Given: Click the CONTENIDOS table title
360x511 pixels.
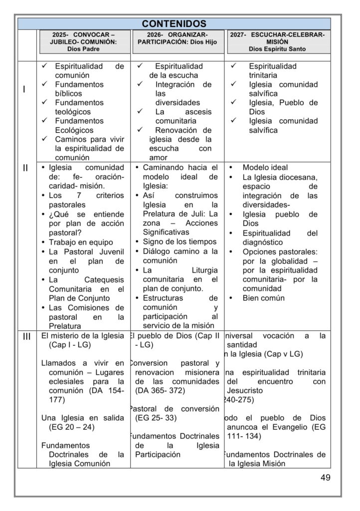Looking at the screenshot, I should point(174,24).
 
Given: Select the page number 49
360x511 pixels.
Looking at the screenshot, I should point(325,478).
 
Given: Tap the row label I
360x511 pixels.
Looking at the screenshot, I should point(25,89).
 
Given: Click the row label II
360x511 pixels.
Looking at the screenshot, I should point(25,168).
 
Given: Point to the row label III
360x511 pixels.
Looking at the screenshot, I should point(26,336).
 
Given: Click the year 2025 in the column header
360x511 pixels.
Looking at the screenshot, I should point(60,35).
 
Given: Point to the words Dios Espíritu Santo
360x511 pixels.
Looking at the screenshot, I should point(278,49).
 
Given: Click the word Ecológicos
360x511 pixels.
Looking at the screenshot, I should point(74,130).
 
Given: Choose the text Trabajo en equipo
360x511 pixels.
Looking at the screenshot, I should point(81,242).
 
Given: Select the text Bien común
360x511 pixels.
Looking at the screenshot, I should point(264,298).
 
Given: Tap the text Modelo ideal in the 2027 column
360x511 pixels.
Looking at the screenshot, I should point(265,168).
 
